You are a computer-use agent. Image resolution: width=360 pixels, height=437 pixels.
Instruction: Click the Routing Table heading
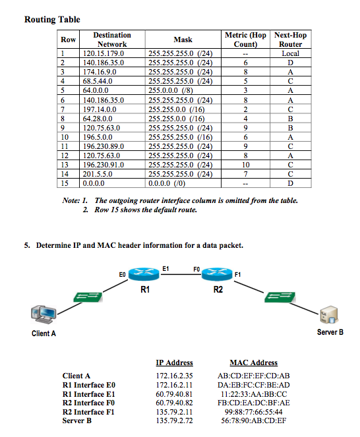coord(52,19)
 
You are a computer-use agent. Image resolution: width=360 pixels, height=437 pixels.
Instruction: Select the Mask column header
coord(183,40)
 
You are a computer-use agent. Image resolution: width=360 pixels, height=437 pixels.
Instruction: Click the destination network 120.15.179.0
coord(103,53)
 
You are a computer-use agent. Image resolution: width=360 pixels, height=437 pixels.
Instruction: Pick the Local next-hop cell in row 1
coord(290,53)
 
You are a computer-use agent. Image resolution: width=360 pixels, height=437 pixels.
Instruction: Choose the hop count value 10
coord(245,164)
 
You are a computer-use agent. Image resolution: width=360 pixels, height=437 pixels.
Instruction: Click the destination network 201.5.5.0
coord(99,173)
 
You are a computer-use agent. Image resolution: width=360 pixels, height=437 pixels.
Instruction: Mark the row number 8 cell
coord(66,118)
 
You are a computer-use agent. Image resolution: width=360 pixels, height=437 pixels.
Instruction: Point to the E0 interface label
coord(122,272)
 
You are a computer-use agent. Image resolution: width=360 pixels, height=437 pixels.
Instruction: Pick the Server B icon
coord(329,314)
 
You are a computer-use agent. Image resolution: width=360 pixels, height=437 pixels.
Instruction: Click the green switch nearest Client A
coord(86,296)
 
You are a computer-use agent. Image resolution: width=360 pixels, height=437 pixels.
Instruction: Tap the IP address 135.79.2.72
coord(174,420)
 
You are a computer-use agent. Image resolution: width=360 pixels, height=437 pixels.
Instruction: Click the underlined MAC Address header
coord(253,362)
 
